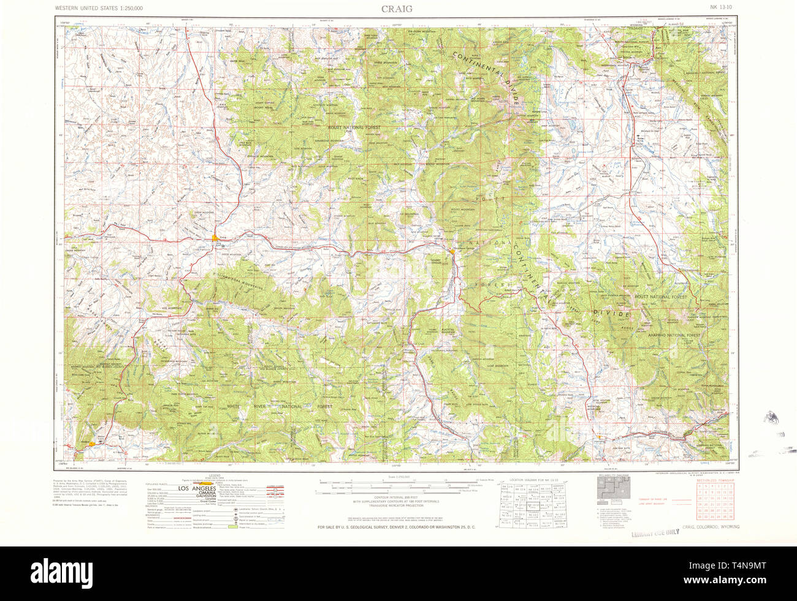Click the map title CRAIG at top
coord(397,8)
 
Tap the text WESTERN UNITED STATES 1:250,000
coord(99,9)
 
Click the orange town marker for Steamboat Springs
coord(452,251)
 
